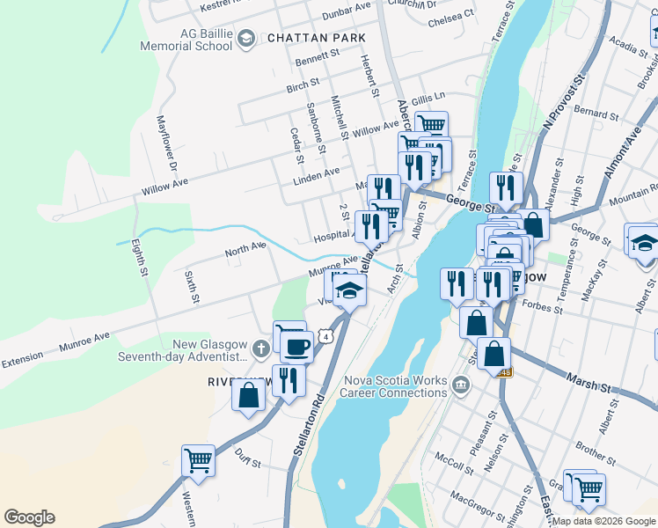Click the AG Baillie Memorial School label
coord(206,39)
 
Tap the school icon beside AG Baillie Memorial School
coord(247,39)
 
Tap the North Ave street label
coord(245,250)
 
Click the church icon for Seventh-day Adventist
coord(260,349)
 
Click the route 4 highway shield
coord(326,336)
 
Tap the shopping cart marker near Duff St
coord(198,460)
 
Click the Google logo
coord(29,517)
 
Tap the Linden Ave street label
coord(316,172)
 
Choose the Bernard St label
coord(596,114)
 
